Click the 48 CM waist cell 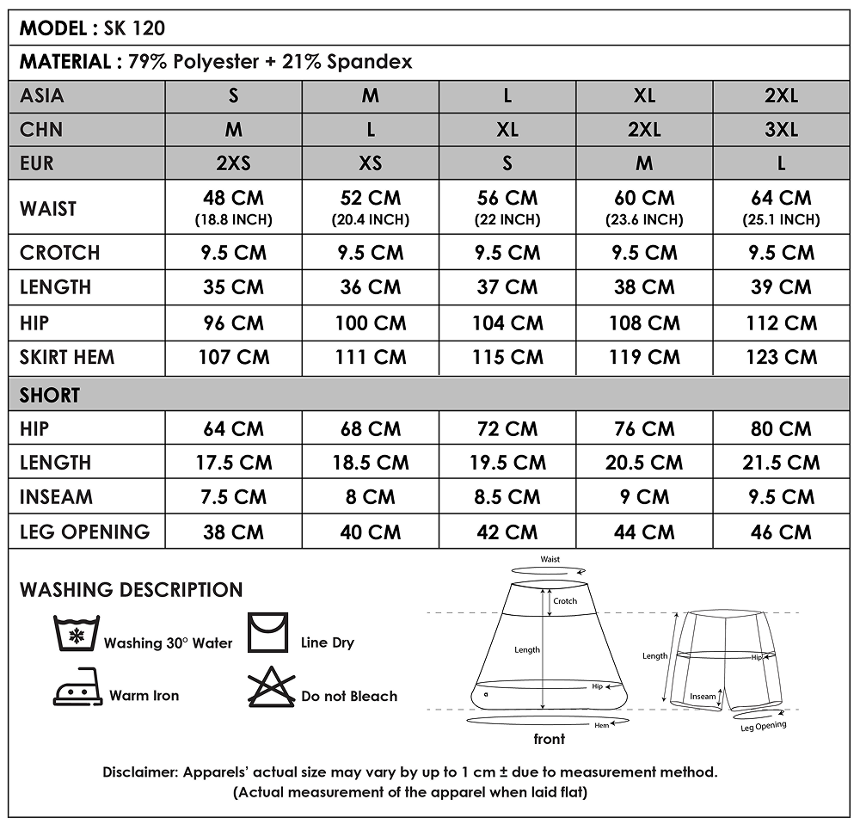pos(233,199)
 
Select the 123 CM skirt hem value pos(781,357)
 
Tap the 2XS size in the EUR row pos(233,163)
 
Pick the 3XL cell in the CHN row pos(781,129)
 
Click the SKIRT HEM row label pos(67,357)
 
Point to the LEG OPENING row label pos(84,532)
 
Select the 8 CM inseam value pos(370,497)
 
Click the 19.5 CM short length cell pos(507,463)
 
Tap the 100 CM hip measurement pos(370,323)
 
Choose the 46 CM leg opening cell pos(781,532)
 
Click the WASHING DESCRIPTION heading pos(131,590)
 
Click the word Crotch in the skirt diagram pos(565,601)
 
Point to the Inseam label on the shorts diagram pos(703,697)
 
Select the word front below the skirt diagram pos(550,739)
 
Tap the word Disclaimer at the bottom pos(140,772)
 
